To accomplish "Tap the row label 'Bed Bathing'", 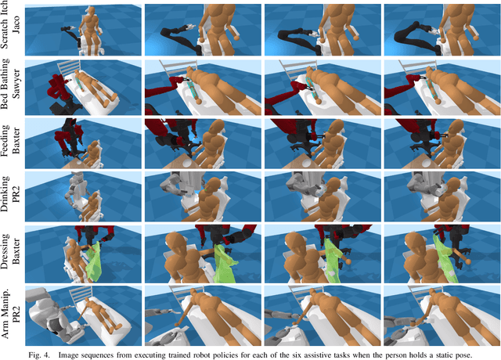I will click(x=7, y=85).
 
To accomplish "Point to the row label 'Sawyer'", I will click(x=17, y=85).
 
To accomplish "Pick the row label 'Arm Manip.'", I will click(x=7, y=310).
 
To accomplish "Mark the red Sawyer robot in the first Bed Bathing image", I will click(x=59, y=90).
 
